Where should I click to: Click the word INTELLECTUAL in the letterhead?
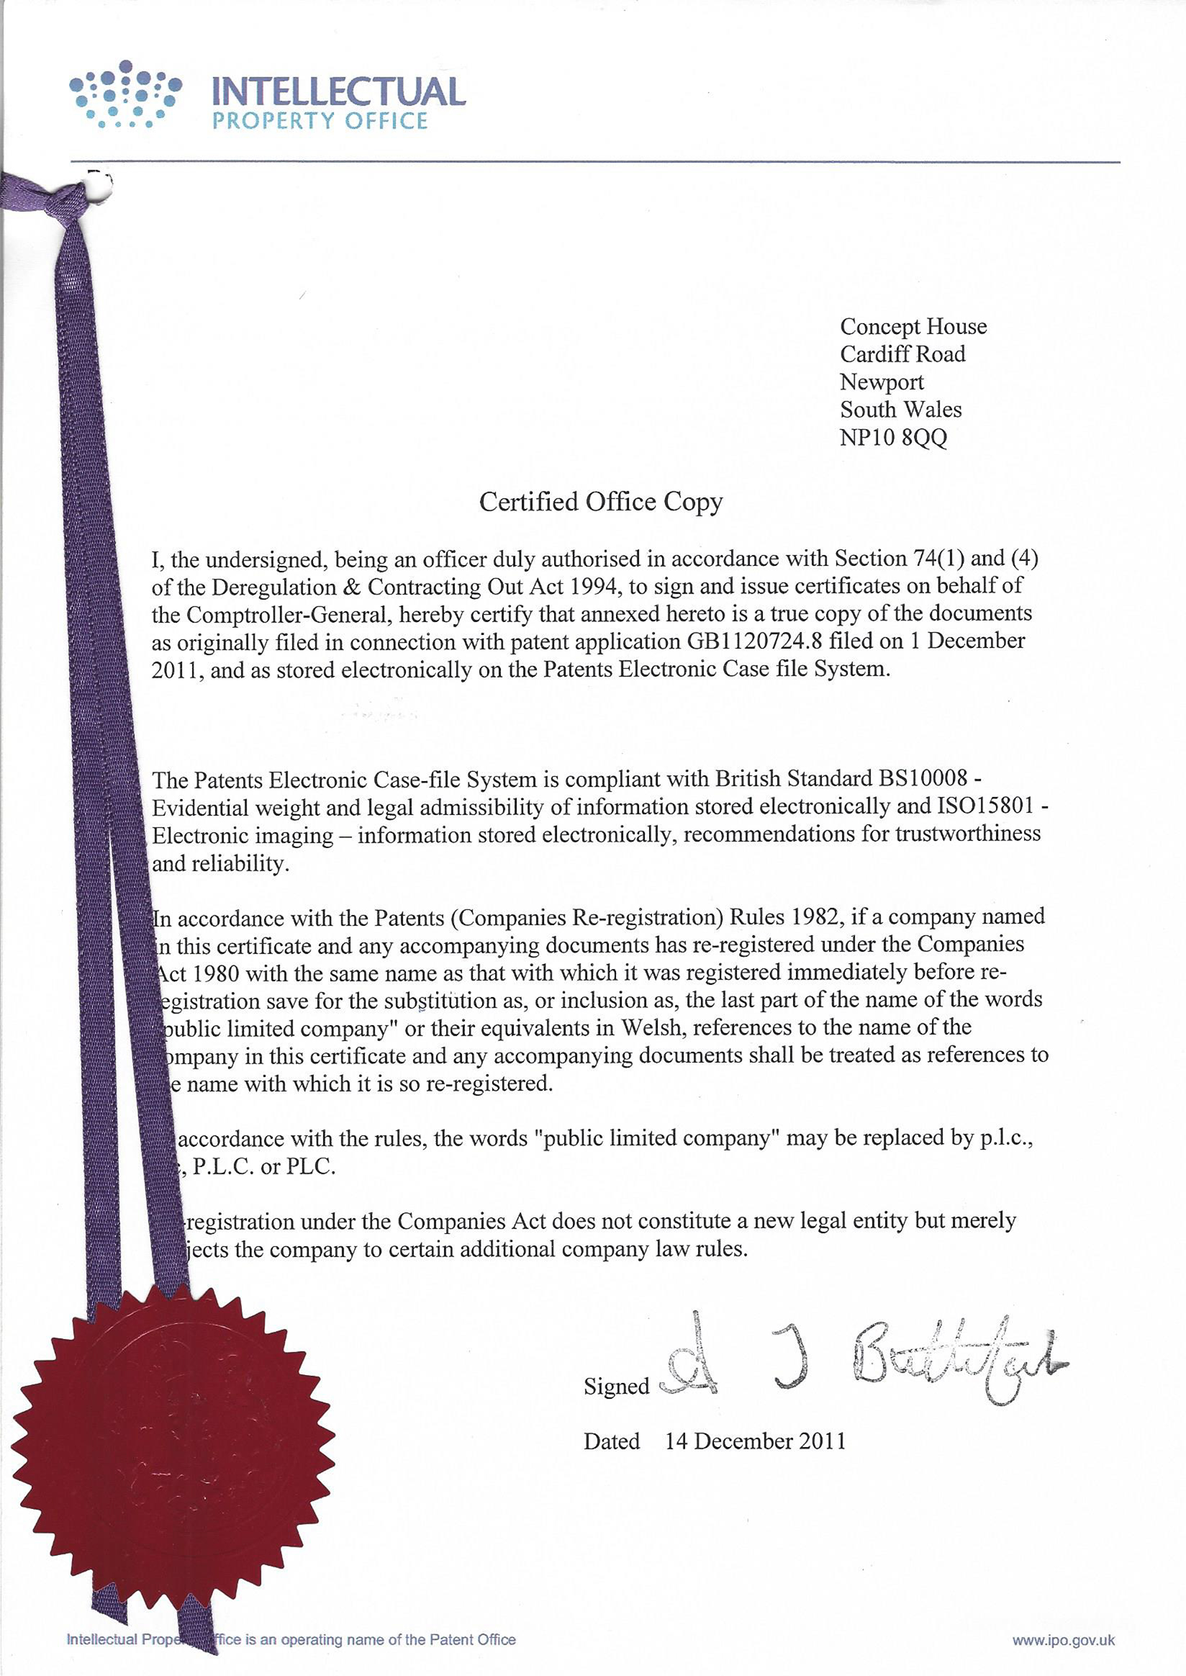338,92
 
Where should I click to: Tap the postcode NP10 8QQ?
893,438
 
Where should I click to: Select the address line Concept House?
913,327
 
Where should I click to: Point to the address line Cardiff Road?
902,354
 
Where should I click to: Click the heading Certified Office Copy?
601,502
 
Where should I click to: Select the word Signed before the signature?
616,1387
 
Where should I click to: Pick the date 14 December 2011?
755,1441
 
